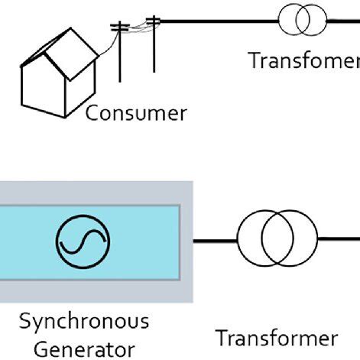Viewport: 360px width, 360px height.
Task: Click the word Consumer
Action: [x=135, y=114]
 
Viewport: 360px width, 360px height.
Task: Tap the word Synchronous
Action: [x=84, y=319]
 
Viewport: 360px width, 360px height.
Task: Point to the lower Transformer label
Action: [x=276, y=337]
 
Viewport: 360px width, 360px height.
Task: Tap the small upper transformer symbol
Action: [x=301, y=20]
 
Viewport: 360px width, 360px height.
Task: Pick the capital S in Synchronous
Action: [x=24, y=319]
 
